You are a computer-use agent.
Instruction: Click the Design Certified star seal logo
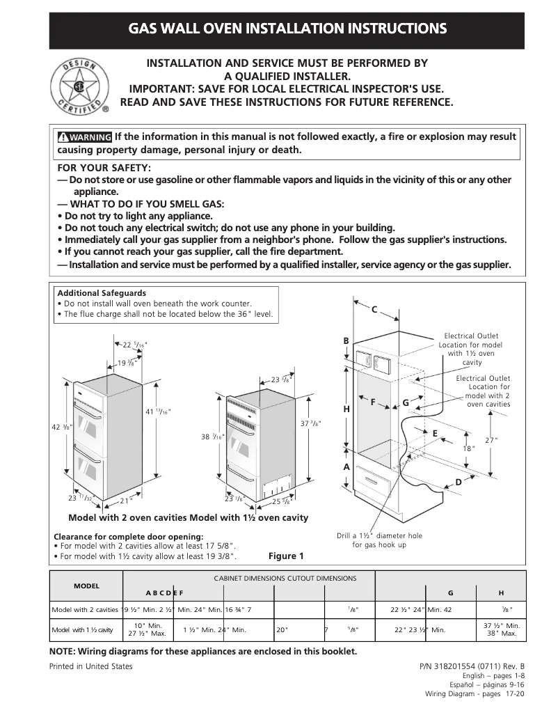coord(79,87)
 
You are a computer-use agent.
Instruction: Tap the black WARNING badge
coord(85,137)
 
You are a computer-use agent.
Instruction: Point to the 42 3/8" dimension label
coord(61,427)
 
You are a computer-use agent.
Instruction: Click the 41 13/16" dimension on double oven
coord(157,411)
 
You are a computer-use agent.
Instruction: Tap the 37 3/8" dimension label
coord(310,423)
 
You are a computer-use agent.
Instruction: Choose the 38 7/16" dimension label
coord(213,437)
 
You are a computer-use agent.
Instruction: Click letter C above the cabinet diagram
coord(374,309)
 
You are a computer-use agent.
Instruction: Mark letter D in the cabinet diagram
coord(458,482)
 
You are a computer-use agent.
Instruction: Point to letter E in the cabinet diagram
coord(435,433)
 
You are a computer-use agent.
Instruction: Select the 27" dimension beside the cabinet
coord(491,439)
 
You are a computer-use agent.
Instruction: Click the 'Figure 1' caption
coord(286,556)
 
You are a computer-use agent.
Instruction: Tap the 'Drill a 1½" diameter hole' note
coord(379,540)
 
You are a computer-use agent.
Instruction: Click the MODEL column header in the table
coord(86,586)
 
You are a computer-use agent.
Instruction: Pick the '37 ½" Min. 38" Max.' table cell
coord(501,629)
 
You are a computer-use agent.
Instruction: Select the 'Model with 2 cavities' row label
coord(85,609)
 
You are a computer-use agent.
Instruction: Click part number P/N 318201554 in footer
coord(472,666)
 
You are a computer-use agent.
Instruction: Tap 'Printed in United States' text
coord(90,666)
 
